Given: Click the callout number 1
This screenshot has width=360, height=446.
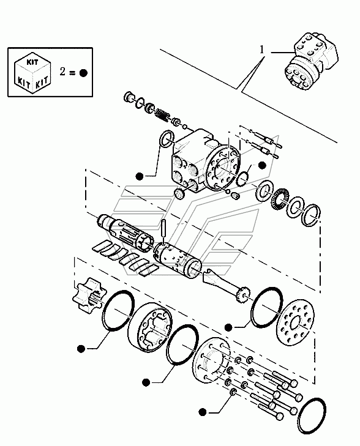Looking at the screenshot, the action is click(x=262, y=50).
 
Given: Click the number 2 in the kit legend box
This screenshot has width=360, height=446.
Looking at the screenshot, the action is click(x=62, y=72).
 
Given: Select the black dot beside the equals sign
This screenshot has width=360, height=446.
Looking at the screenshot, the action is click(x=83, y=73).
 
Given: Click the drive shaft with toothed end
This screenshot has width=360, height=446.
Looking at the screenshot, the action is click(x=227, y=285).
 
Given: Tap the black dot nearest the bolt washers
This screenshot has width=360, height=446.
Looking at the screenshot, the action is click(x=202, y=412).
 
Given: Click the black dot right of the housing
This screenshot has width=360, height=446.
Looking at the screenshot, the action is click(x=261, y=165).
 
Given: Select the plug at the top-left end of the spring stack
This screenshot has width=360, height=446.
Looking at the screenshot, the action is click(x=129, y=97).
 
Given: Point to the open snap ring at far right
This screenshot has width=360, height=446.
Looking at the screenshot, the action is click(x=313, y=215).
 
